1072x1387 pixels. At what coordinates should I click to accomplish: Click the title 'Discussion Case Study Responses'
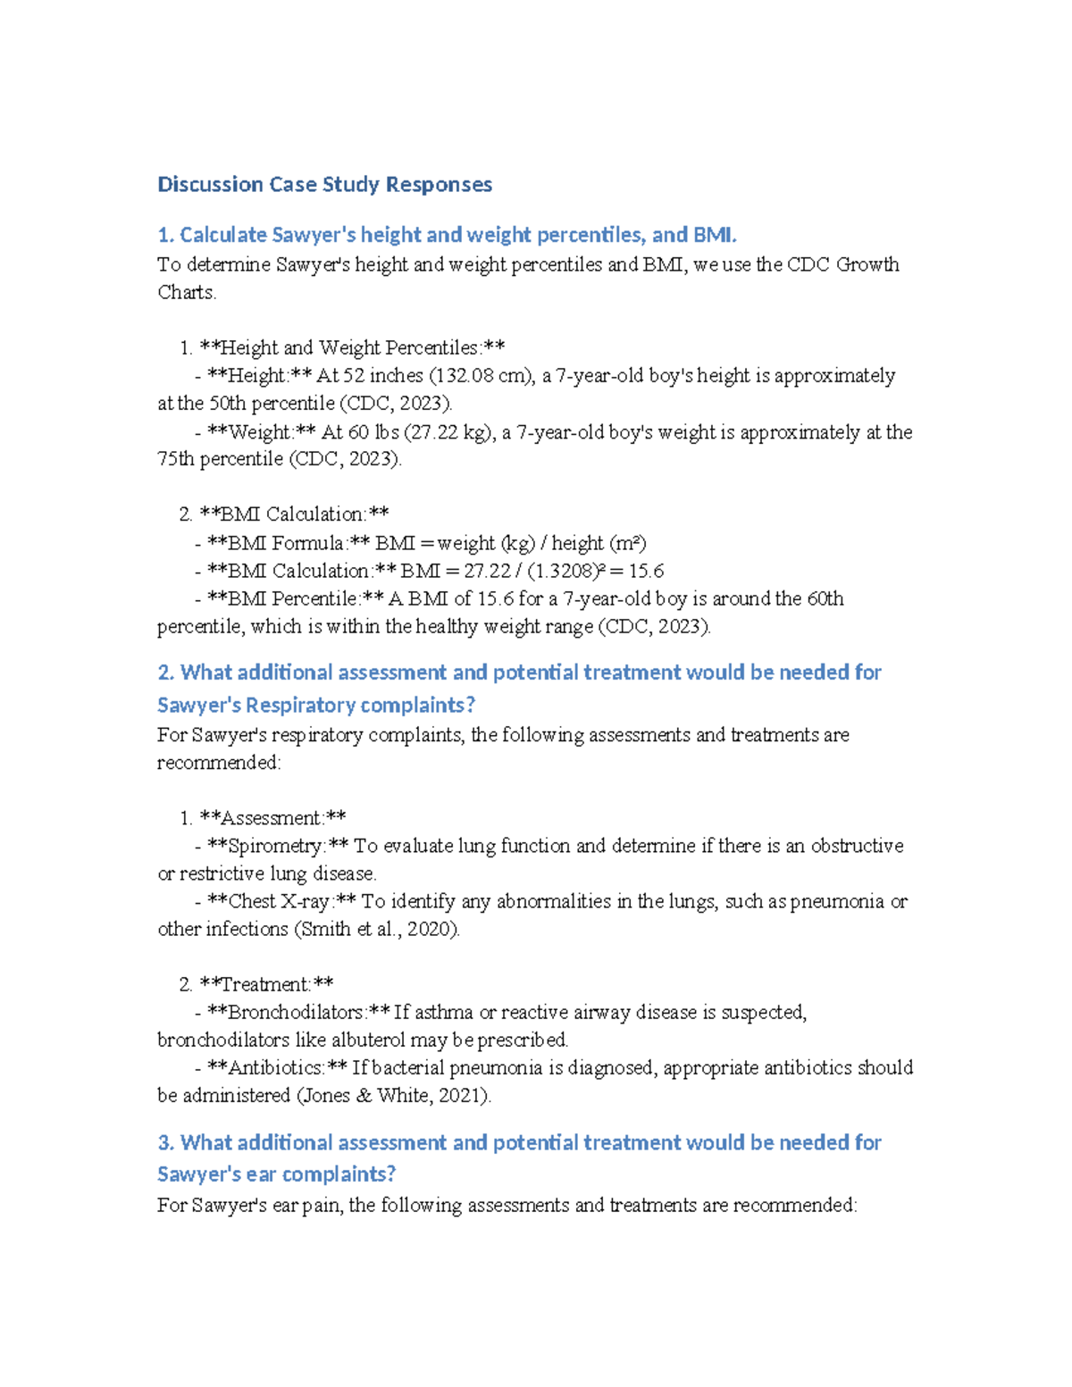[324, 185]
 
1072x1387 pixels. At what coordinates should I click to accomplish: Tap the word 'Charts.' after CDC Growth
[187, 293]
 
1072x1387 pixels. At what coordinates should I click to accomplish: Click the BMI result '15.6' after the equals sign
[646, 571]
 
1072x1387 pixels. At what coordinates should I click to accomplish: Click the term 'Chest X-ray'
[278, 901]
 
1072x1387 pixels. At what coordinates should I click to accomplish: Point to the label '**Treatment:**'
[266, 984]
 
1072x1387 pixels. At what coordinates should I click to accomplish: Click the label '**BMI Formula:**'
[288, 543]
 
